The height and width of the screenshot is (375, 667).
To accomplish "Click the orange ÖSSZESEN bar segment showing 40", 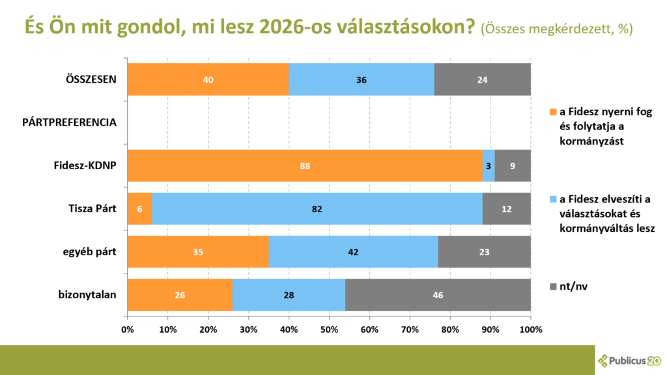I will [x=208, y=80].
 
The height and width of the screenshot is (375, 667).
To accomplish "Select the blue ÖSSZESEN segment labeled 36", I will [x=362, y=80].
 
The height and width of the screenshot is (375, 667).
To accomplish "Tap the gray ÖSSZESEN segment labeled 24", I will [x=482, y=80].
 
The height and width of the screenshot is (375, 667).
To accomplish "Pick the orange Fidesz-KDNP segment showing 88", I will [x=305, y=166].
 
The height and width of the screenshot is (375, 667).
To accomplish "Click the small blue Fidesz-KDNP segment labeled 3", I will [x=489, y=166].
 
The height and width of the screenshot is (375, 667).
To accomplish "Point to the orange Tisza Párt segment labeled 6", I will [x=139, y=209].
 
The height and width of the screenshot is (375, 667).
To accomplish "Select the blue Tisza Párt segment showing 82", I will [x=317, y=209].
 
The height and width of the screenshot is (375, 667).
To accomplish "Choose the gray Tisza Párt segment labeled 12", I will [x=506, y=209].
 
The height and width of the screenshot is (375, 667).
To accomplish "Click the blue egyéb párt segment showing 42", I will [x=354, y=252].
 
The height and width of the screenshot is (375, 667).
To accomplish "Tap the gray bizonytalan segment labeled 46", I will [x=438, y=295].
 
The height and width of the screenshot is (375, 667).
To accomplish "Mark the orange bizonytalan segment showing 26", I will [x=180, y=295].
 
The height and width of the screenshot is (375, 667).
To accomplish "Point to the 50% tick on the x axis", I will [x=329, y=329].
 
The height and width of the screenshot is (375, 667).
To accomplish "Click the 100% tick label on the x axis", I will [x=531, y=329].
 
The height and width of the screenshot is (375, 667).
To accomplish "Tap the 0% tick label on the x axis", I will [x=128, y=329].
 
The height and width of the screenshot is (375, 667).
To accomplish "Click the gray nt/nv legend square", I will [x=554, y=287].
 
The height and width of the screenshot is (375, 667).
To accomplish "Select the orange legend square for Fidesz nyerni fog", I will [x=554, y=111].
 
